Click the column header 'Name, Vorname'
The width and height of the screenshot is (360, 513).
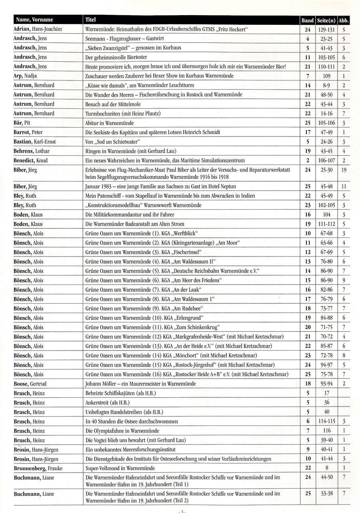pos(34,20)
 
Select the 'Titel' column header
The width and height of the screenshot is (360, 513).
pos(90,20)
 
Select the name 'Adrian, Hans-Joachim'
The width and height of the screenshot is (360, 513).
pos(38,29)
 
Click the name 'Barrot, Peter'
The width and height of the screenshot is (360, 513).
pos(28,132)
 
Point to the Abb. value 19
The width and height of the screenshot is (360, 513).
pos(344,170)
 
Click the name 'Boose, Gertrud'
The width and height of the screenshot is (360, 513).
pos(30,384)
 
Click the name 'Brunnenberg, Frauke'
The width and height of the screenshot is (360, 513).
pos(38,468)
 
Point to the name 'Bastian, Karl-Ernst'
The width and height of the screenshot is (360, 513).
pos(35,142)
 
